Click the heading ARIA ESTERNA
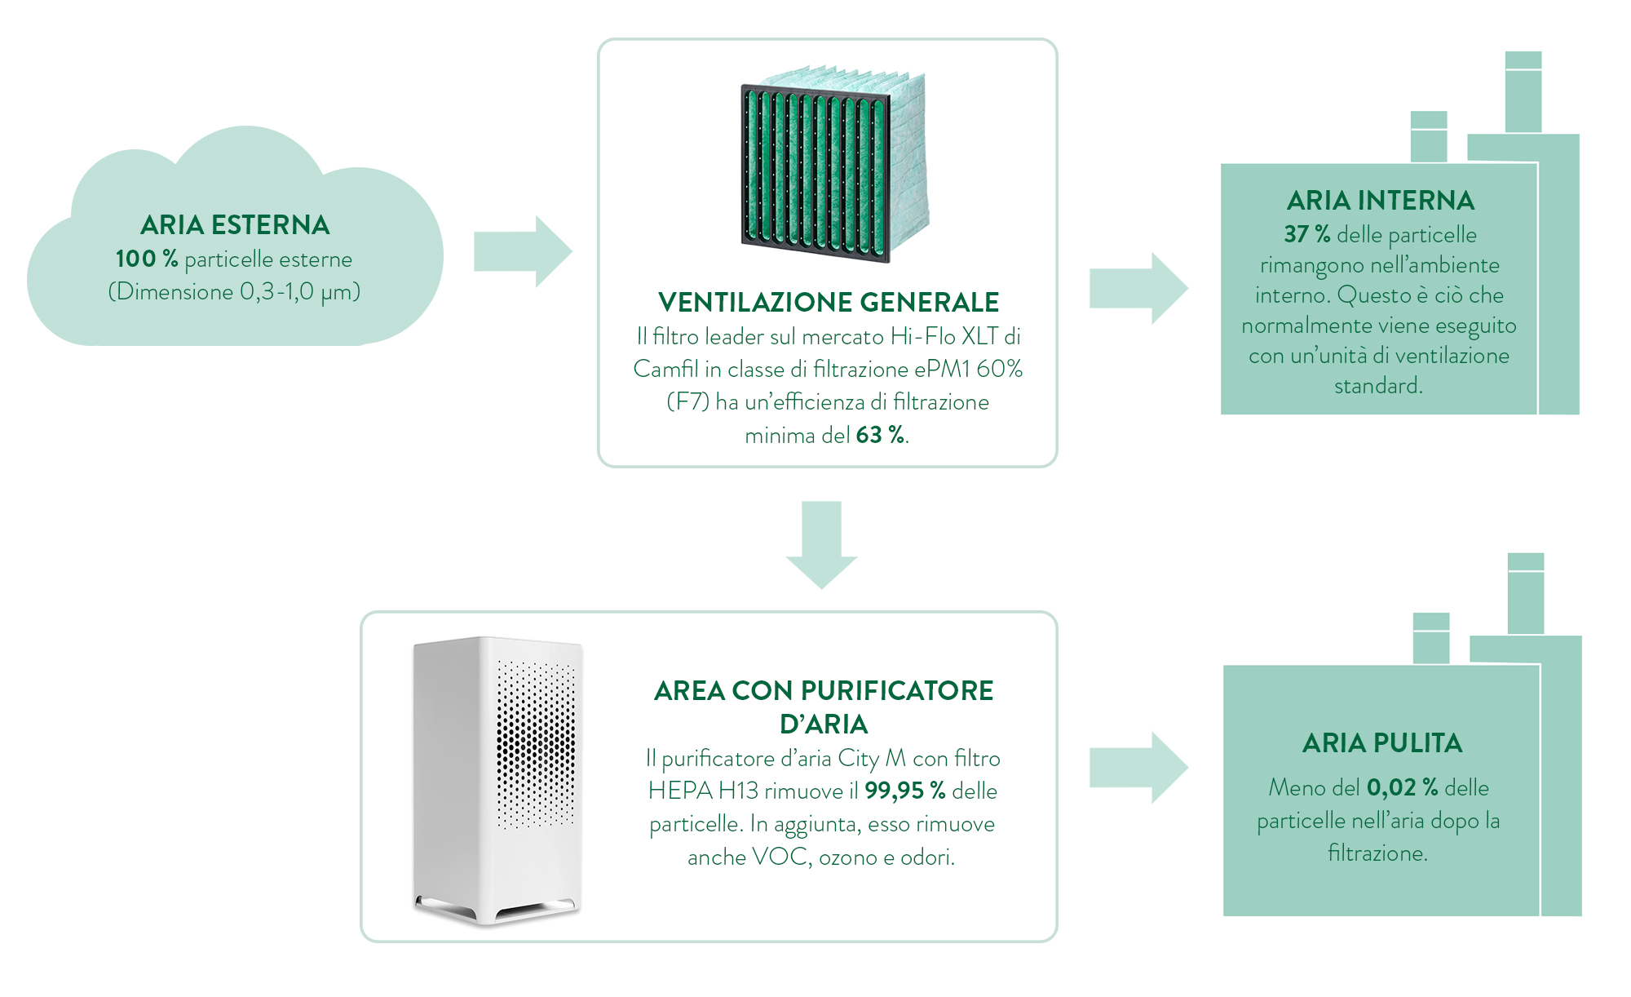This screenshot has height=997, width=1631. click(x=235, y=225)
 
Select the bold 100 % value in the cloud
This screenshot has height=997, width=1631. click(x=147, y=259)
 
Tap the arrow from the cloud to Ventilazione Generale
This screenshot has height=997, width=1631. click(x=523, y=251)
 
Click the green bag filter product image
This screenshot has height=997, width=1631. click(x=833, y=164)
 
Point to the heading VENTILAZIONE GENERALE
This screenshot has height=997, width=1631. click(x=828, y=302)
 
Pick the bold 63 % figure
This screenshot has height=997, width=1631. click(x=880, y=435)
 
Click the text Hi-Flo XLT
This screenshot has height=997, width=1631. click(x=944, y=336)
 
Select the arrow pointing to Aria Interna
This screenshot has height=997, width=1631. click(x=1138, y=289)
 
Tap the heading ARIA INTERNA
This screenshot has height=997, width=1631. click(x=1380, y=201)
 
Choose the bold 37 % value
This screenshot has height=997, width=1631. click(x=1306, y=234)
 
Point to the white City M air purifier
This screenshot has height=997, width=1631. click(x=498, y=780)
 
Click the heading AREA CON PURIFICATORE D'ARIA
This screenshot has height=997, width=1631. click(x=824, y=707)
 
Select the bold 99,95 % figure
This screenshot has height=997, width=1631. click(x=904, y=791)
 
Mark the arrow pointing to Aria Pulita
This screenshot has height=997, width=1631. click(x=1138, y=768)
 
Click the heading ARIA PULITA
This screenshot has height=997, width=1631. click(x=1381, y=743)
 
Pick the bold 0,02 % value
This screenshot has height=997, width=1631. click(x=1402, y=787)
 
